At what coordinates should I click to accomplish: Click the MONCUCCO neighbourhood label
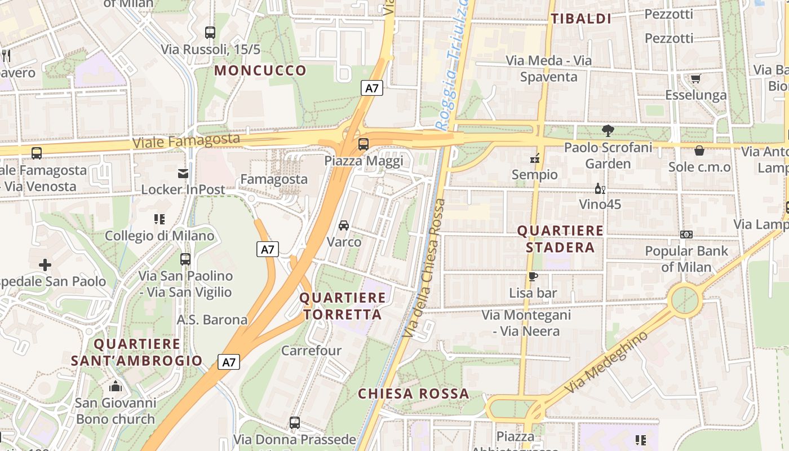[x=260, y=70]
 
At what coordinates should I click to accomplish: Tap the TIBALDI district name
[x=581, y=19]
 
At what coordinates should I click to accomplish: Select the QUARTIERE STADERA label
[x=560, y=239]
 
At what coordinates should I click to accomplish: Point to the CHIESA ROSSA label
[x=414, y=393]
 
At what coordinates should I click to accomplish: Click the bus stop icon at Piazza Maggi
[x=364, y=144]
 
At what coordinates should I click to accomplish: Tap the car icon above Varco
[x=344, y=225]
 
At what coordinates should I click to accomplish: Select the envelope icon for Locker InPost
[x=183, y=173]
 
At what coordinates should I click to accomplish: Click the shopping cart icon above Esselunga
[x=695, y=78]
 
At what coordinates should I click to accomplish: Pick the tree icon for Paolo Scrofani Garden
[x=608, y=131]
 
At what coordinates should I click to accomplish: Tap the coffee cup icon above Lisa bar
[x=533, y=276]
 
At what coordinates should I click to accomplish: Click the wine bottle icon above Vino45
[x=600, y=188]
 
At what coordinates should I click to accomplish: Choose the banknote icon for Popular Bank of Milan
[x=686, y=235]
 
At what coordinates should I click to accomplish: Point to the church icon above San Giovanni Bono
[x=116, y=386]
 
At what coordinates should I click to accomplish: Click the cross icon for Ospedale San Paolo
[x=45, y=264]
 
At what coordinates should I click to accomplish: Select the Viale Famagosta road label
[x=186, y=140]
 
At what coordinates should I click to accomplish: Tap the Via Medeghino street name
[x=606, y=363]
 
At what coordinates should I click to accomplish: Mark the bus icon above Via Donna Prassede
[x=295, y=422]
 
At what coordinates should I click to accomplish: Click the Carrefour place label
[x=311, y=351]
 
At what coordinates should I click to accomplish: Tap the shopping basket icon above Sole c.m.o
[x=699, y=151]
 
